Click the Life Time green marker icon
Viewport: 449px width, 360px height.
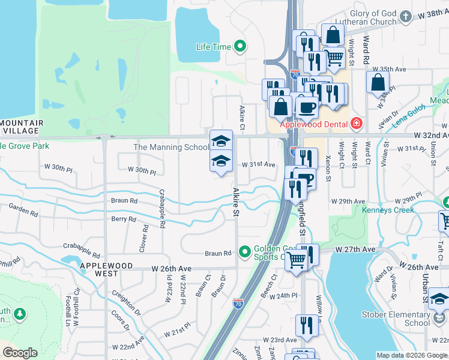(240, 46)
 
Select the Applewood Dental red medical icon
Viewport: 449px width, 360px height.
(357, 124)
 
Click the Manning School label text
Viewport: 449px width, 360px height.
(171, 147)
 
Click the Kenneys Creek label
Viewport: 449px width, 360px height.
(388, 210)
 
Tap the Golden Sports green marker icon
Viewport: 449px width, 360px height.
(244, 251)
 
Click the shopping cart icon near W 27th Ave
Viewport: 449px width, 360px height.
(295, 259)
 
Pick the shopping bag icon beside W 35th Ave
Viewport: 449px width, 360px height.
(378, 83)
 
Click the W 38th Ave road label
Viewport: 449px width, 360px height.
(431, 13)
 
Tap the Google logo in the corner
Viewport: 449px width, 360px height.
(20, 353)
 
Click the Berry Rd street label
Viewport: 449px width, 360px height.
(124, 219)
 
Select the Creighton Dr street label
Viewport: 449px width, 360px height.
(125, 302)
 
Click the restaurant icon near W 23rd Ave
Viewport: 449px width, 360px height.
(307, 325)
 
